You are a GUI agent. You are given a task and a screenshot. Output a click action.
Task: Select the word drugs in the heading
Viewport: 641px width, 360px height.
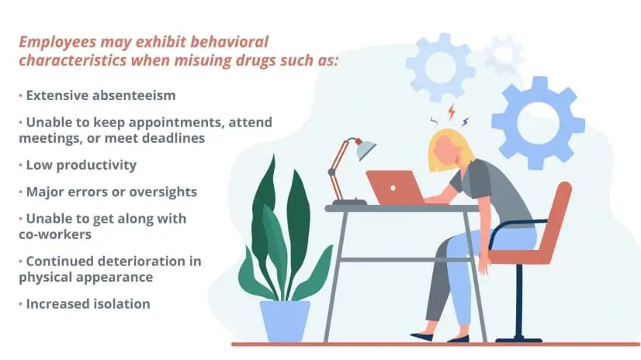(263, 60)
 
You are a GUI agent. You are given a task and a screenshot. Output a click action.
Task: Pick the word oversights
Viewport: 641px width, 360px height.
(162, 191)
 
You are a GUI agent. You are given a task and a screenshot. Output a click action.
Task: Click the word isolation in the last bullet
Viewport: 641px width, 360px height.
(117, 303)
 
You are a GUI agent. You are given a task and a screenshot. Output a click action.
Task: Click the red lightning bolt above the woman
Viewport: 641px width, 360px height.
(451, 111)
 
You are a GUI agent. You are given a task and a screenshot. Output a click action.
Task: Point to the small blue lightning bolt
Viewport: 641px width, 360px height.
(465, 121)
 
